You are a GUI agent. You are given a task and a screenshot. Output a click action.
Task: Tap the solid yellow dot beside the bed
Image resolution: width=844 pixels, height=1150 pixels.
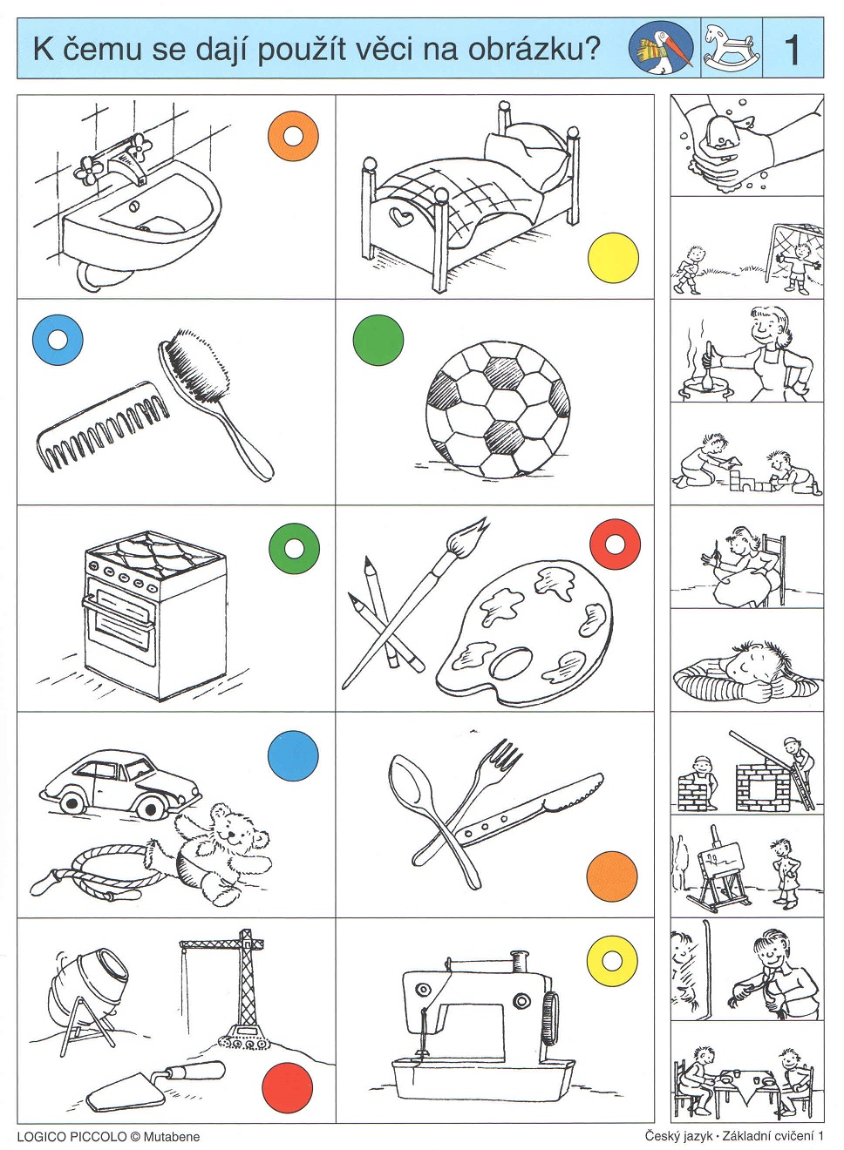coord(613,258)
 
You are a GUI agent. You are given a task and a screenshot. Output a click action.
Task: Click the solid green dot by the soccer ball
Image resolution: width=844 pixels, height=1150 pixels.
coord(378,340)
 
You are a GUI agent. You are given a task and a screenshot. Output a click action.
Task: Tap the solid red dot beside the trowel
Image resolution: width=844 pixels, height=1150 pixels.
coord(288,1087)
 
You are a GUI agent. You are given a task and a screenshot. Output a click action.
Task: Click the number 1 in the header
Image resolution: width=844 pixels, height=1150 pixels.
coord(793,50)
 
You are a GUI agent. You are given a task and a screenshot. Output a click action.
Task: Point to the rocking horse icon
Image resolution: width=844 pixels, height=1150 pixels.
coord(732,47)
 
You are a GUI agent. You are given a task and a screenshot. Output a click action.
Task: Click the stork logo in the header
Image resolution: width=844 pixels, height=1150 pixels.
coord(661,48)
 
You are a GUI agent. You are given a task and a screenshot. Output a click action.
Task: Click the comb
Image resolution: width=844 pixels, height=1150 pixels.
coord(103,427)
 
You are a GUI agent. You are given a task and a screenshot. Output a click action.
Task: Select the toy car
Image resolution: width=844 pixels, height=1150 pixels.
coord(120,781)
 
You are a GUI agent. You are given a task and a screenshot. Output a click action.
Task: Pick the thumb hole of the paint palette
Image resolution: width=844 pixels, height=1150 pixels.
coord(511,663)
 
